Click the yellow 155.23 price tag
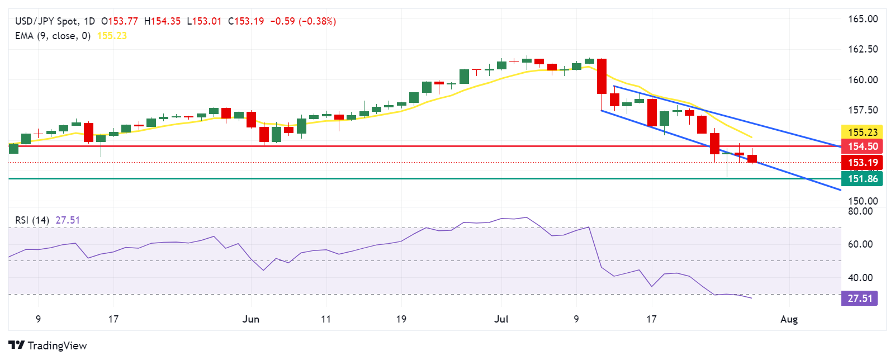tap(862, 132)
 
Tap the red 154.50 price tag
tap(862, 146)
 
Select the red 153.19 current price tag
tap(862, 163)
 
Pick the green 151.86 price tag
tap(862, 179)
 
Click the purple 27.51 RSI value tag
tap(859, 299)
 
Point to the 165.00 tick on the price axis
tap(863, 19)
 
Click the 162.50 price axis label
tap(863, 49)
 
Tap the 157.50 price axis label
tap(863, 110)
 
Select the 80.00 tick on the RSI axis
tap(860, 211)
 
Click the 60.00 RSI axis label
tap(860, 244)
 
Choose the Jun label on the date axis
tap(251, 319)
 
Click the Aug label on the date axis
tap(789, 319)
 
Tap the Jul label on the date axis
tap(501, 319)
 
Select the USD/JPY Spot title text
tap(46, 21)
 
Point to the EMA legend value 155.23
tap(112, 36)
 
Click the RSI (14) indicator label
tap(32, 220)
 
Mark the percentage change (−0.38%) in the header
tap(318, 21)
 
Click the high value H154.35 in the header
tap(162, 21)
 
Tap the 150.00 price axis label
tap(863, 201)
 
